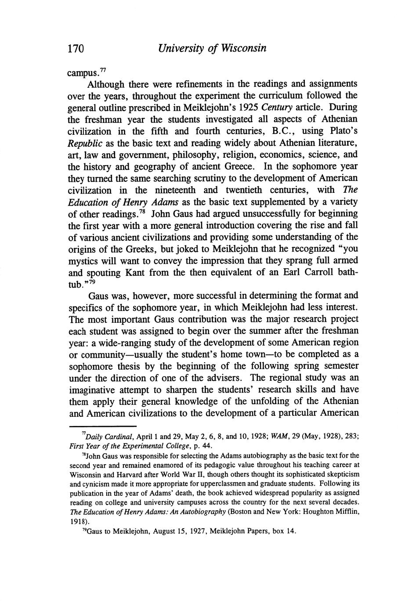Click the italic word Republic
click(x=83, y=143)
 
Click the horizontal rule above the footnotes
click(x=103, y=426)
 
